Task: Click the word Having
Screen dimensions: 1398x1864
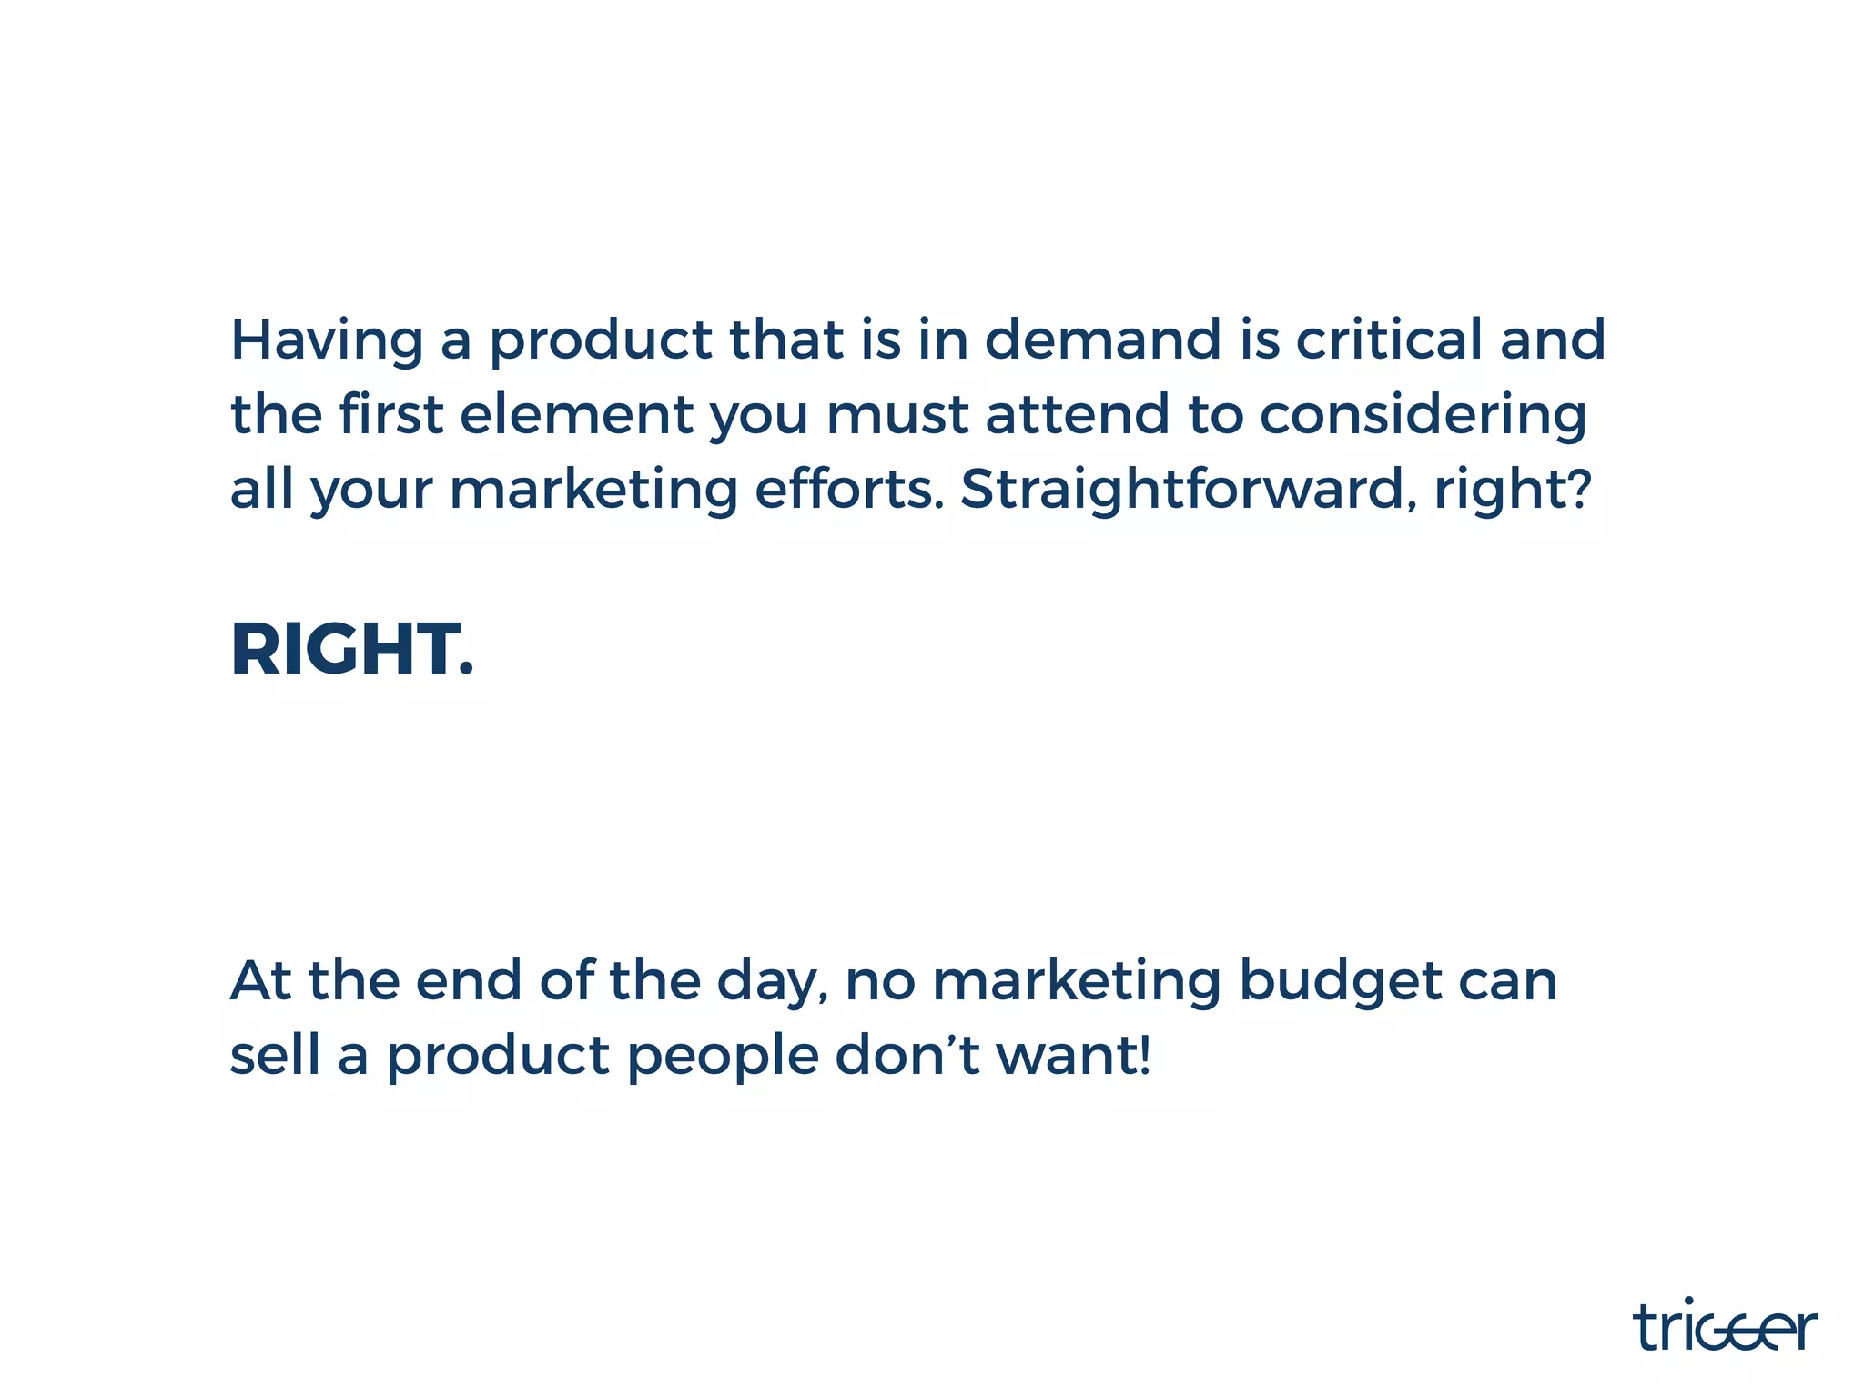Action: (x=327, y=340)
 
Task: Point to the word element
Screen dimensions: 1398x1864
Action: (x=576, y=414)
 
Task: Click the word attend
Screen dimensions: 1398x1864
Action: (x=1077, y=414)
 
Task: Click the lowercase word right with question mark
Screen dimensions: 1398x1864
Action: (x=1512, y=491)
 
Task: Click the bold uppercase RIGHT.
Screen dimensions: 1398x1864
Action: (x=352, y=650)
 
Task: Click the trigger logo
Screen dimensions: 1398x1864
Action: (x=1725, y=1327)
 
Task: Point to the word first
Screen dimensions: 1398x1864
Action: (x=391, y=414)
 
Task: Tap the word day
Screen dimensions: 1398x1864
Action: (x=773, y=983)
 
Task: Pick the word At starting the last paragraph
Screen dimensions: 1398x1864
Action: (x=261, y=981)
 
